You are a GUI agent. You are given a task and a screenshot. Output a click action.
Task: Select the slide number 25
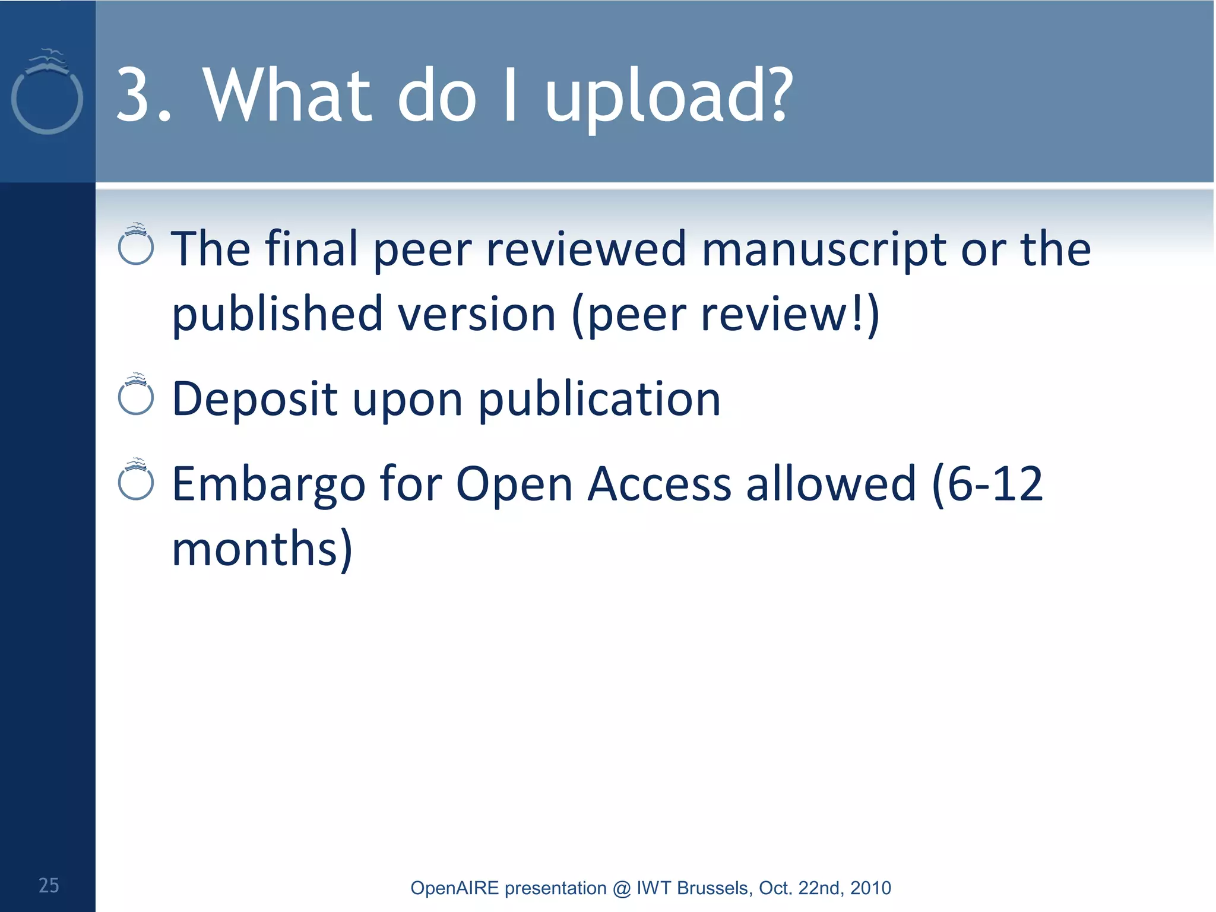49,885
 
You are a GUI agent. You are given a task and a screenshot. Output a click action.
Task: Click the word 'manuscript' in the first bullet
824,249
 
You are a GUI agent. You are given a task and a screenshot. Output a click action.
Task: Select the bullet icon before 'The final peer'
136,245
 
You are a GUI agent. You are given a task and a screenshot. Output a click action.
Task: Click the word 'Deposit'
255,399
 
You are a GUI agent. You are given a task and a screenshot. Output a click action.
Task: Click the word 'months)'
262,549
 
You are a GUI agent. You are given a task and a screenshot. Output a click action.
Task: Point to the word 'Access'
659,484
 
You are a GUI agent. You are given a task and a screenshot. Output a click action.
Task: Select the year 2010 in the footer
870,888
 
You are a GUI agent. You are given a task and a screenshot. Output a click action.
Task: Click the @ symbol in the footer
622,888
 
